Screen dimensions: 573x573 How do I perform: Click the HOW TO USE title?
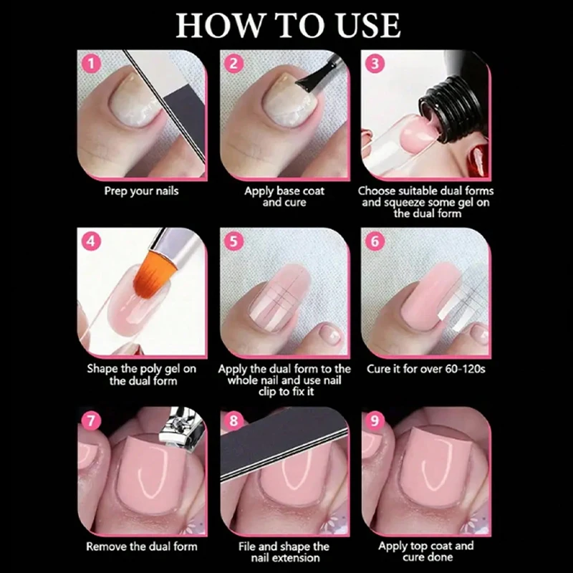[288, 25]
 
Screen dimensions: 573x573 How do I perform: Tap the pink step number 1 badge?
[91, 64]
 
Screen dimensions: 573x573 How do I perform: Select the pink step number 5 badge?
[233, 241]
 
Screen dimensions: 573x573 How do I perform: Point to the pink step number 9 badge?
[375, 420]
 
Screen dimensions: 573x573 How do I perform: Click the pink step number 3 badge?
[375, 64]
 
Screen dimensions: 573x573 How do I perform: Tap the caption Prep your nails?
[141, 191]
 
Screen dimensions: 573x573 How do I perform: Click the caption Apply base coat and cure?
[284, 196]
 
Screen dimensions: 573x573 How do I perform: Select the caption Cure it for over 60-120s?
[426, 369]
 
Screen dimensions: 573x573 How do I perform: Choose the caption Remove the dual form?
[142, 546]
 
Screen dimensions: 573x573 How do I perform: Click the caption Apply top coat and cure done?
[426, 552]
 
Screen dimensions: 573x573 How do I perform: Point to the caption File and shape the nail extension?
[284, 552]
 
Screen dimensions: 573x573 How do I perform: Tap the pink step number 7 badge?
[91, 420]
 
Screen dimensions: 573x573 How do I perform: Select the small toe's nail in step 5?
[331, 334]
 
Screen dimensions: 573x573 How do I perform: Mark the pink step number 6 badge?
[375, 241]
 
